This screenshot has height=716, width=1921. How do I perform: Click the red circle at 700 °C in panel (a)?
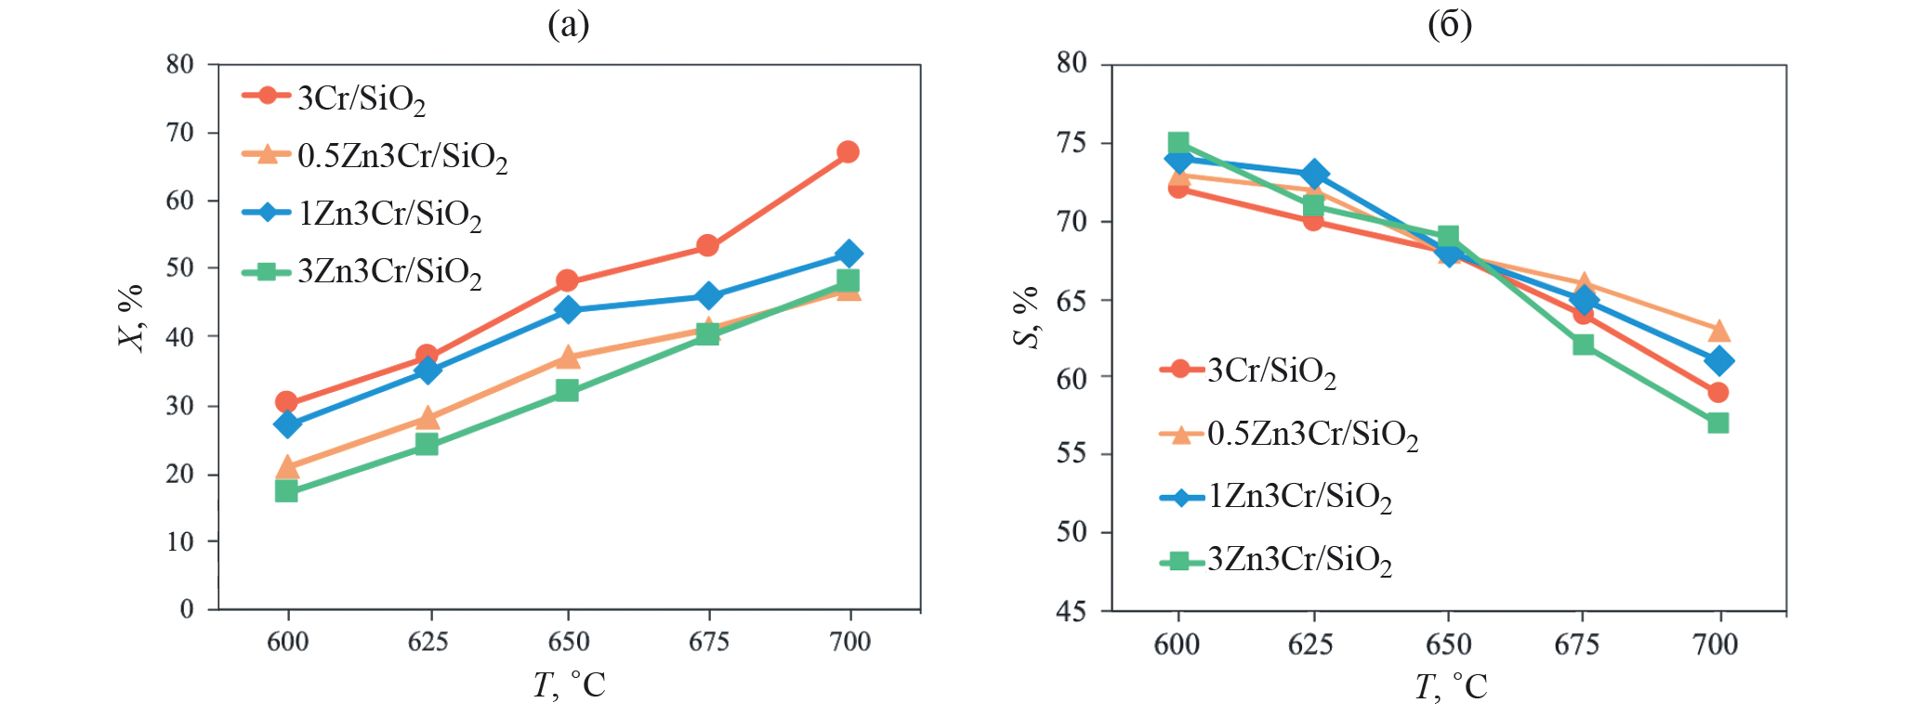click(x=848, y=151)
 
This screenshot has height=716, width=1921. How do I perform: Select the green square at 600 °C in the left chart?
click(x=286, y=490)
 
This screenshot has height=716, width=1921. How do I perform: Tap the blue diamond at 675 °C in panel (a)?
click(x=708, y=296)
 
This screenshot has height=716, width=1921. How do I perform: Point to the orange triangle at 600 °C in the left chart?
click(x=287, y=466)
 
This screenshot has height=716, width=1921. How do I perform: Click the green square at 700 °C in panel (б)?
click(x=1717, y=423)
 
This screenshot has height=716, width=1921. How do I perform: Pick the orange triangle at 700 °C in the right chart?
click(x=1718, y=332)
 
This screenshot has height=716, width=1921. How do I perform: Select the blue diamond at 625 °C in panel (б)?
click(x=1314, y=174)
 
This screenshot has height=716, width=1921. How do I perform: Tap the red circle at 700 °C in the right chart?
click(x=1717, y=392)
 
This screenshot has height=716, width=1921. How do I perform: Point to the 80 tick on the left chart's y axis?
click(x=180, y=64)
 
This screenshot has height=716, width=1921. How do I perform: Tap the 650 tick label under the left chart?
click(x=568, y=642)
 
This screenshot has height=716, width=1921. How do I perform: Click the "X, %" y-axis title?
click(x=132, y=318)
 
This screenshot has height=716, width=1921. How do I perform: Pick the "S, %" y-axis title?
click(x=1026, y=318)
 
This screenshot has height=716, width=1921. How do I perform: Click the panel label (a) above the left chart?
click(x=568, y=25)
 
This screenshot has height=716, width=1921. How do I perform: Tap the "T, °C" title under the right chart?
click(x=1450, y=687)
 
